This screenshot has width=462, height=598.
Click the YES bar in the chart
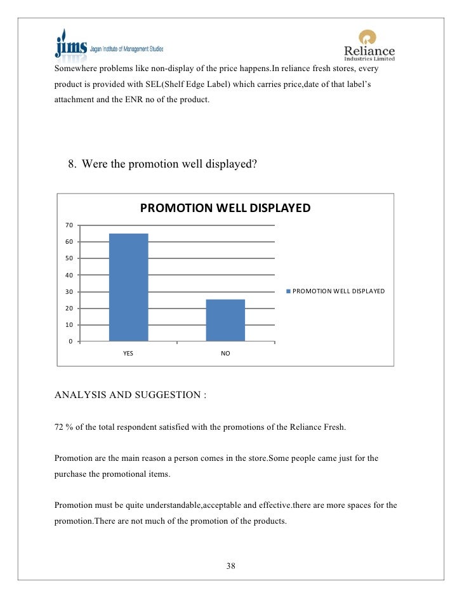[128, 287]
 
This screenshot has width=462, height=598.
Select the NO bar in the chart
[225, 320]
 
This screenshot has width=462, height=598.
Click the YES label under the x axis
[128, 354]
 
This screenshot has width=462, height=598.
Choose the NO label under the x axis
[225, 354]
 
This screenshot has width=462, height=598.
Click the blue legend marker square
[289, 291]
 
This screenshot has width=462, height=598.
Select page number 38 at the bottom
[231, 566]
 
